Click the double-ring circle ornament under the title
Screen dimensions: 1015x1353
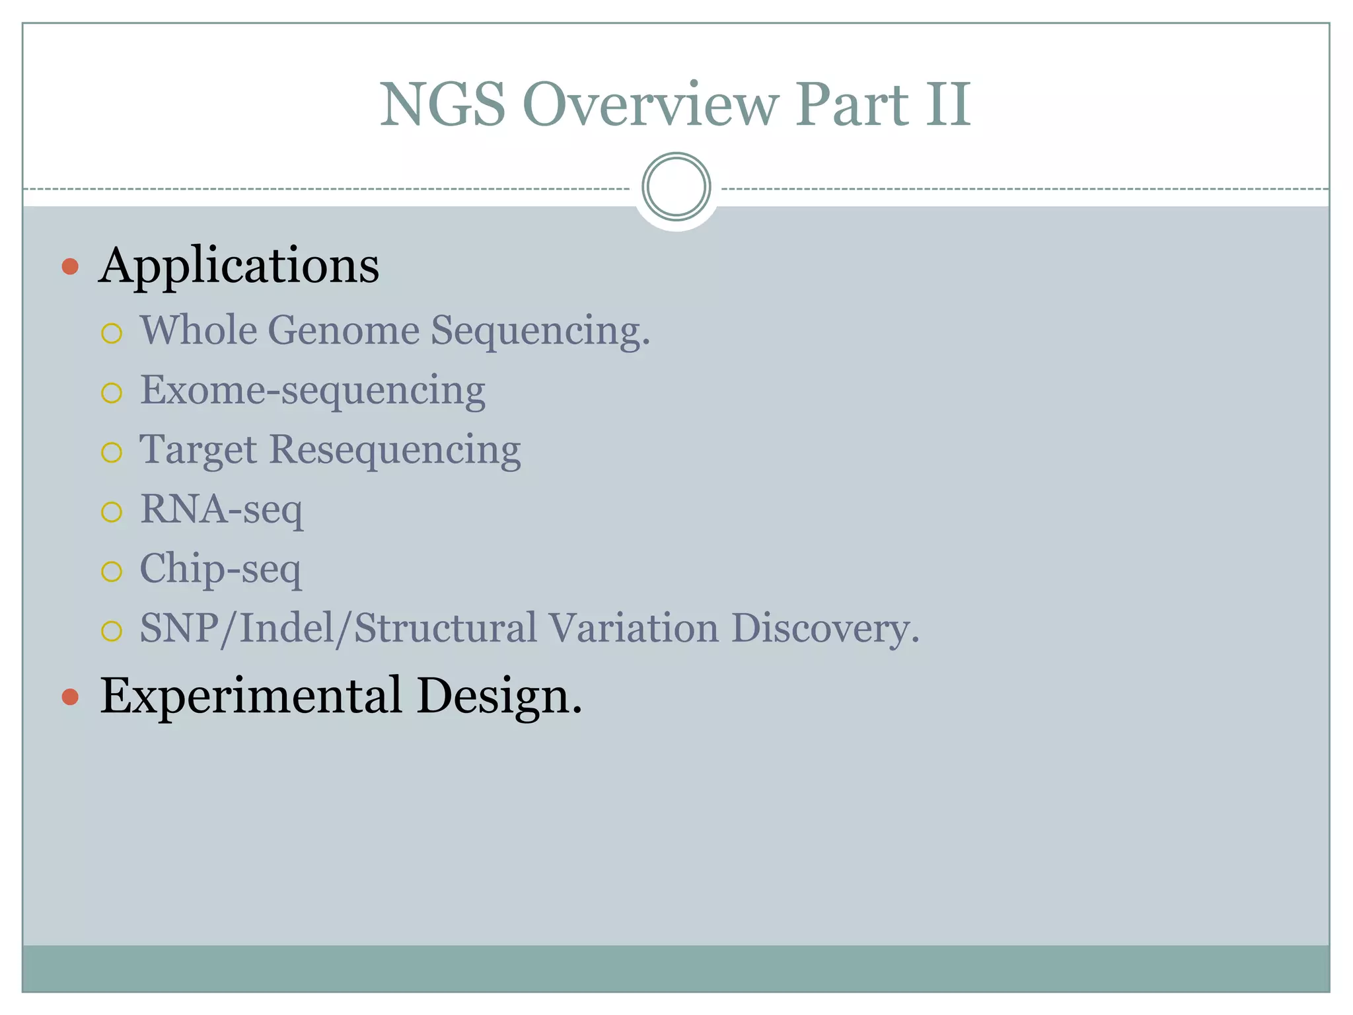(x=676, y=187)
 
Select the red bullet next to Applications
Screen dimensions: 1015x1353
(x=70, y=267)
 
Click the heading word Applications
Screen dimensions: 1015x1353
(x=239, y=266)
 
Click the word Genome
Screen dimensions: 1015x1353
(x=344, y=330)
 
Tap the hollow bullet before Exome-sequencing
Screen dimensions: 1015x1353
(x=112, y=393)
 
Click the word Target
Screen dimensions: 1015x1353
(x=198, y=451)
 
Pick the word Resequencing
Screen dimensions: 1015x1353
(x=395, y=451)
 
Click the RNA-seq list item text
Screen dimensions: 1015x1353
(x=221, y=509)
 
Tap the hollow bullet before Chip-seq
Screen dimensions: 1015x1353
(x=112, y=572)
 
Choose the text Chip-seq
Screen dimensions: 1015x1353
(x=220, y=569)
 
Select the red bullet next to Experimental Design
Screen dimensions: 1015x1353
(x=70, y=697)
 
